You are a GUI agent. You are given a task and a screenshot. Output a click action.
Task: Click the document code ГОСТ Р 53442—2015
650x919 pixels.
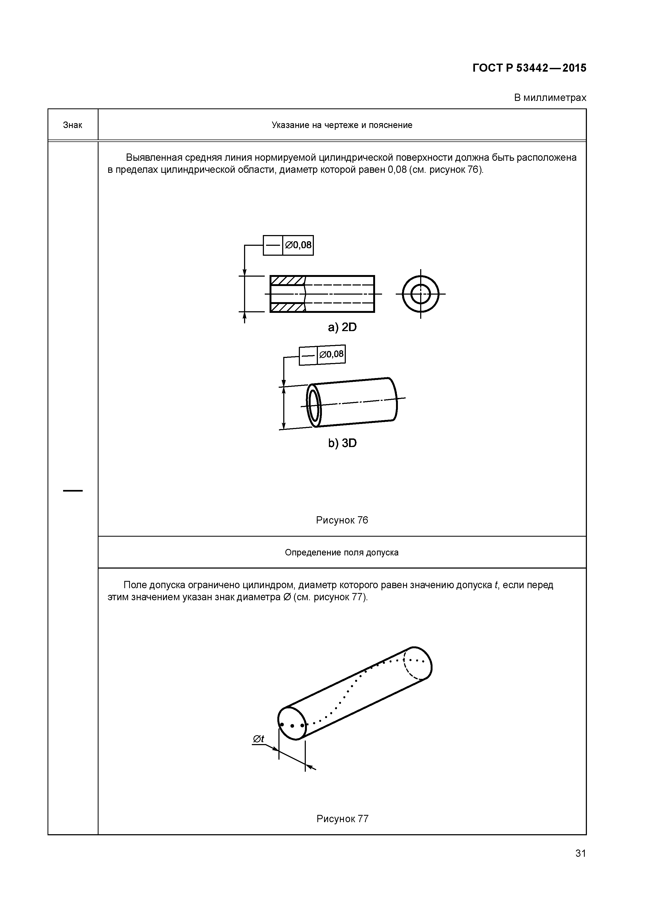[x=529, y=68]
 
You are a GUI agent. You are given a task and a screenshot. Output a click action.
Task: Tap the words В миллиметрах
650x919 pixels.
[x=550, y=98]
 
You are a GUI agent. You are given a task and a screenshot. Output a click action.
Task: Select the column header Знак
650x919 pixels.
[x=72, y=125]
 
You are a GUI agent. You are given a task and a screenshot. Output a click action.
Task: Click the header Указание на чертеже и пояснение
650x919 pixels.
[x=342, y=125]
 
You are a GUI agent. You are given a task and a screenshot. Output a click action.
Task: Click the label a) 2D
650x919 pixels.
[x=342, y=327]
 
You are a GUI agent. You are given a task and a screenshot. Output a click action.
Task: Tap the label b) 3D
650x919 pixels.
[x=342, y=443]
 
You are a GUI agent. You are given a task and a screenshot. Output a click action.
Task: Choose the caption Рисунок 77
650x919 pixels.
[x=342, y=819]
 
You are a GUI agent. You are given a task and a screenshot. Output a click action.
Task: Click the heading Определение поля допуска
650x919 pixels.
[x=342, y=552]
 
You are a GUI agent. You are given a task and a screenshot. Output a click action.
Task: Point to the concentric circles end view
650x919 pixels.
[x=420, y=294]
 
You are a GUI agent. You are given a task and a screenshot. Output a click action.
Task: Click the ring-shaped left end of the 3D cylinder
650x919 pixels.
[x=314, y=405]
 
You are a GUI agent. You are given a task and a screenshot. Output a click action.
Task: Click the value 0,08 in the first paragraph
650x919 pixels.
[x=397, y=170]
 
